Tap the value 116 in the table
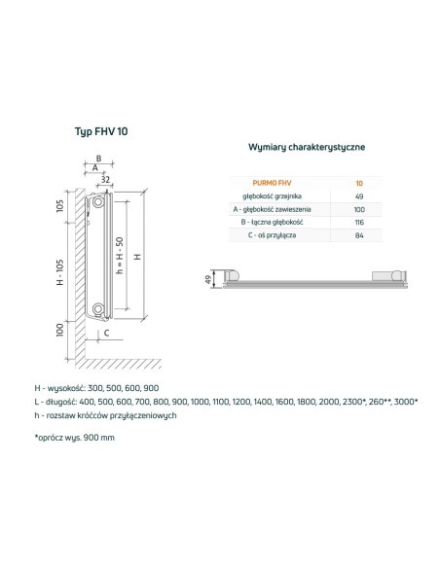click(359, 222)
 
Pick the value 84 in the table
click(359, 235)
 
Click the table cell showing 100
click(359, 208)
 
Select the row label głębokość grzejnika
click(266, 195)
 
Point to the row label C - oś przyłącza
click(266, 235)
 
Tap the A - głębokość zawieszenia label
click(266, 208)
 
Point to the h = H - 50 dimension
click(118, 255)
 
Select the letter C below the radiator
click(106, 335)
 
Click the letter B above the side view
click(97, 158)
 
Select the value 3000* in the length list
click(403, 400)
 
